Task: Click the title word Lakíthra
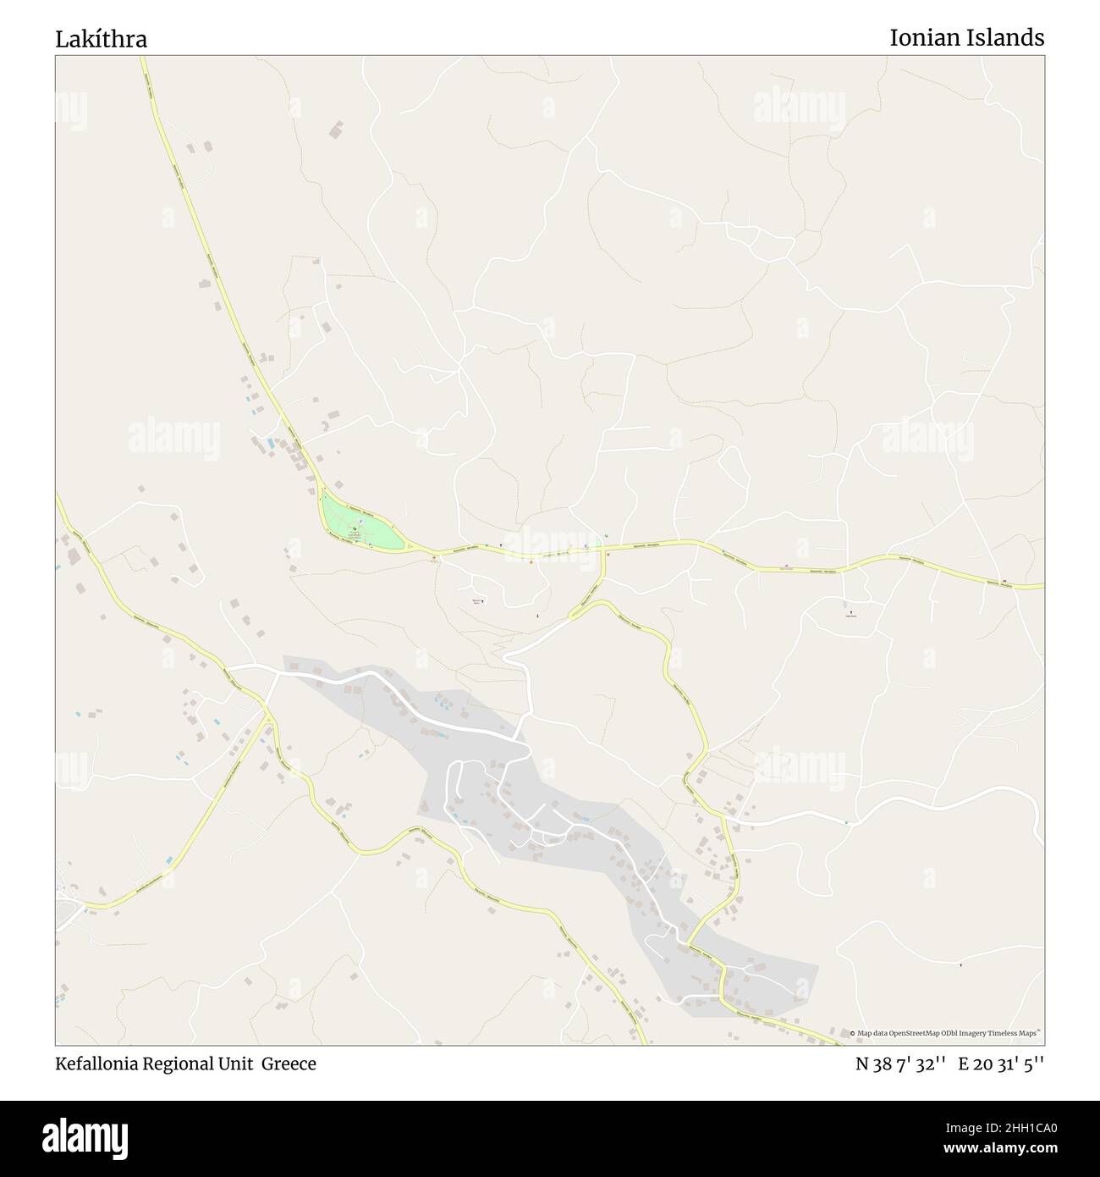click(102, 39)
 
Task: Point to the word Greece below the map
click(289, 1064)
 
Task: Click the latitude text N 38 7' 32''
click(899, 1064)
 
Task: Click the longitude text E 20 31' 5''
click(1002, 1064)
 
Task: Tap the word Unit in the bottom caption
click(243, 1064)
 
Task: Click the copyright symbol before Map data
click(853, 1034)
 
